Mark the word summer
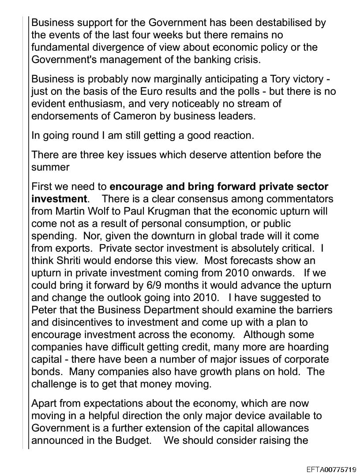tap(51, 167)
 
